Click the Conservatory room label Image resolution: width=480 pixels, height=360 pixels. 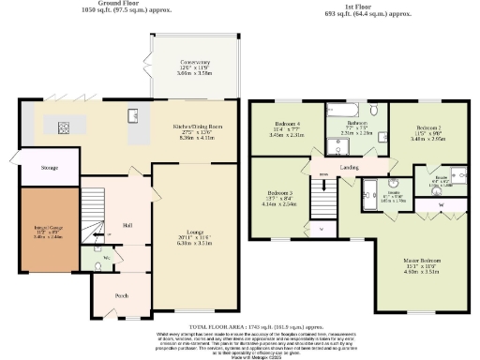195,64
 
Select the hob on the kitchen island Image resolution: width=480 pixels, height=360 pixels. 68,127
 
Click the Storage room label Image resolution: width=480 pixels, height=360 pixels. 50,168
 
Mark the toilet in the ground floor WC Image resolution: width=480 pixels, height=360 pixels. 99,266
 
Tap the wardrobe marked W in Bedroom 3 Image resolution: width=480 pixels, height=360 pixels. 321,228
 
